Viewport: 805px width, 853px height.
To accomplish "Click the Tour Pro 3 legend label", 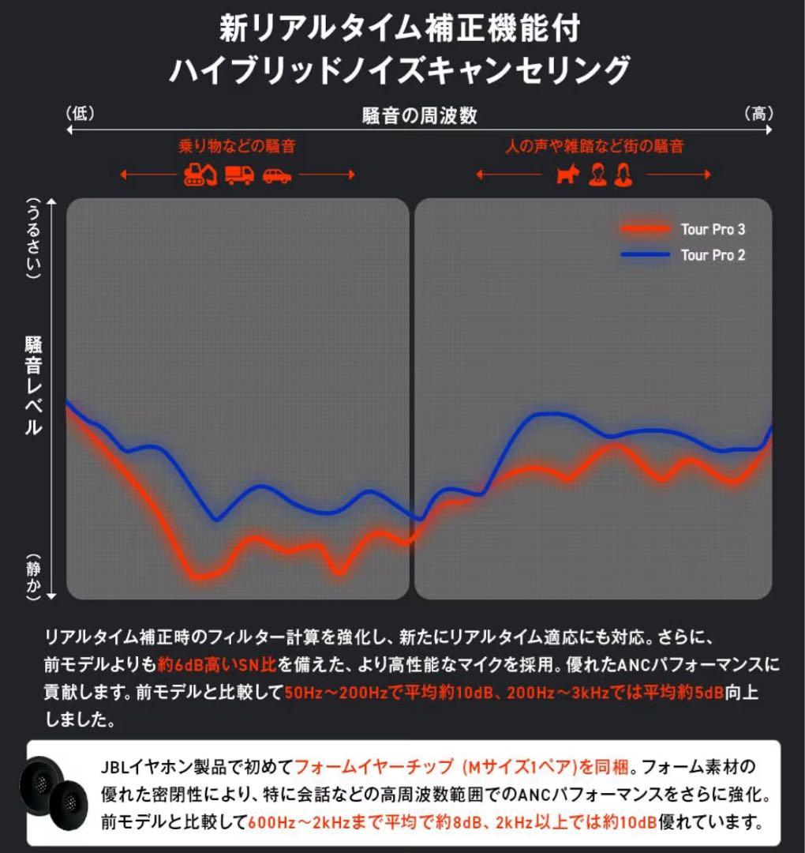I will [712, 230].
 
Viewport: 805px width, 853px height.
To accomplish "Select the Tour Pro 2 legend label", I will [712, 255].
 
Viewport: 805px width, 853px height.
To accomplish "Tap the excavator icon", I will [200, 175].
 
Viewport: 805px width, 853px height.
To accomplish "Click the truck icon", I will [239, 175].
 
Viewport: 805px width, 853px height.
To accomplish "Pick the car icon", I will [277, 175].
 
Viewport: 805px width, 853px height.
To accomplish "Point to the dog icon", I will [567, 175].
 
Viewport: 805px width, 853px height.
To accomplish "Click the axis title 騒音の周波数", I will [420, 115].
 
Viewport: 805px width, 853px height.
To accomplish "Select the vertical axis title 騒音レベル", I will [33, 387].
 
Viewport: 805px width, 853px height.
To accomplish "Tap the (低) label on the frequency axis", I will [80, 114].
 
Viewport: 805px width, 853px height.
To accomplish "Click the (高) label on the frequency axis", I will [758, 114].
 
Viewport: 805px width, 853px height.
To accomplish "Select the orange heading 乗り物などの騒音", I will [238, 146].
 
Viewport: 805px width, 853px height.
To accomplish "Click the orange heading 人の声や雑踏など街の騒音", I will [593, 146].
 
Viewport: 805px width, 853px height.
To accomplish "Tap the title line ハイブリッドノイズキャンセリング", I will [400, 70].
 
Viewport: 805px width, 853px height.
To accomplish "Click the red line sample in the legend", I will [644, 230].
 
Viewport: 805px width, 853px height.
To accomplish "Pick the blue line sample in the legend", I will [644, 255].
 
